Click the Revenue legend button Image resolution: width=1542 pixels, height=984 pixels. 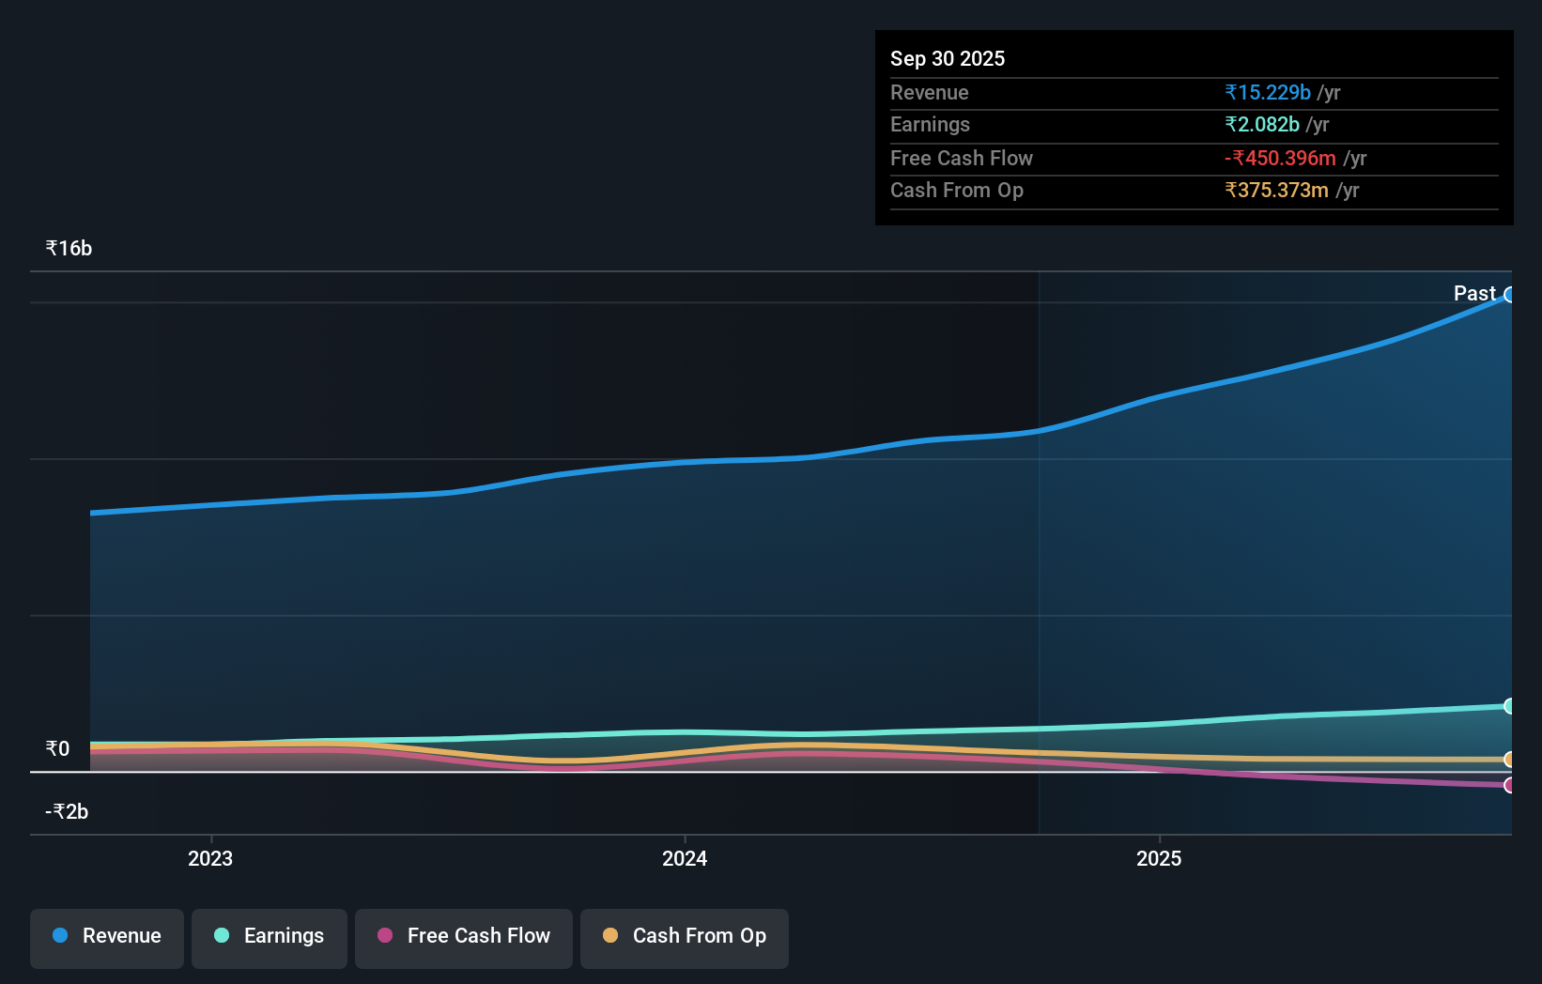pyautogui.click(x=107, y=937)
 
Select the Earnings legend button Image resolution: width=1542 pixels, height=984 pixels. pyautogui.click(x=270, y=937)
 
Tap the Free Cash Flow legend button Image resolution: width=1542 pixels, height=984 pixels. pyautogui.click(x=464, y=937)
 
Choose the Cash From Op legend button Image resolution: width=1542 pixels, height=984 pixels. pyautogui.click(x=685, y=937)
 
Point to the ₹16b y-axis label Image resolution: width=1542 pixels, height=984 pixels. pyautogui.click(x=69, y=249)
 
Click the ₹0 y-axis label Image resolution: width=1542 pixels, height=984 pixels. pyautogui.click(x=57, y=749)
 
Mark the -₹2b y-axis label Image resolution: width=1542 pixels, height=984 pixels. pyautogui.click(x=67, y=812)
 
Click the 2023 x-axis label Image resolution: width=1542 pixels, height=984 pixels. pyautogui.click(x=210, y=859)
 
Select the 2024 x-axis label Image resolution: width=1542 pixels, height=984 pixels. pyautogui.click(x=685, y=859)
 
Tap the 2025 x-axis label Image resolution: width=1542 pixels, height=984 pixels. pyautogui.click(x=1159, y=859)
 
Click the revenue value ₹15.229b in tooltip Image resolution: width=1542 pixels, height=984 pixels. pyautogui.click(x=1267, y=93)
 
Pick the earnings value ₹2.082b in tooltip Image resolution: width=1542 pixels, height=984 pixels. pyautogui.click(x=1261, y=125)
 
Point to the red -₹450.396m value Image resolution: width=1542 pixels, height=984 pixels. pyautogui.click(x=1280, y=159)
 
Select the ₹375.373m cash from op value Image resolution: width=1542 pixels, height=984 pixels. pyautogui.click(x=1276, y=191)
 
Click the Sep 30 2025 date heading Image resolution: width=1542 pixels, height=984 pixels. pyautogui.click(x=947, y=59)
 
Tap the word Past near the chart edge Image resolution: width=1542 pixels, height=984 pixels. pyautogui.click(x=1474, y=294)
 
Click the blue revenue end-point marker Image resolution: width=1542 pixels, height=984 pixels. pyautogui.click(x=1509, y=295)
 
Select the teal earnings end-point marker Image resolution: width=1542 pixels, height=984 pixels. pyautogui.click(x=1509, y=706)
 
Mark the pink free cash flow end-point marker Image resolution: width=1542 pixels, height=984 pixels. pyautogui.click(x=1509, y=785)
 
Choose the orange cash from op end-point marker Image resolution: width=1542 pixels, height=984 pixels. pyautogui.click(x=1509, y=760)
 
